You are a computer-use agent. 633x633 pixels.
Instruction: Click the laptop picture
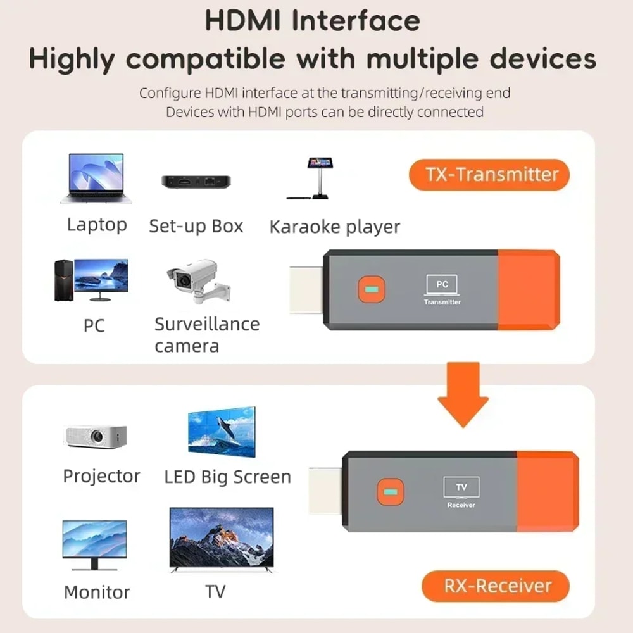pos(96,179)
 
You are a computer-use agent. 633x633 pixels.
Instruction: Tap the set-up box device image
pos(196,181)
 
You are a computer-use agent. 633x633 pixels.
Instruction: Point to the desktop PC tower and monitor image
pos(91,280)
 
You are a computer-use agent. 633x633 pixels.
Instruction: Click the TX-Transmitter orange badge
pos(489,175)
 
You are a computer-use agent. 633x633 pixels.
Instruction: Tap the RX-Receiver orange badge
pos(496,586)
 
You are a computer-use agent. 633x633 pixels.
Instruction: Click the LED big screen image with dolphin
pos(222,432)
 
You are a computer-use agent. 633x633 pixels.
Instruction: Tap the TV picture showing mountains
pos(222,538)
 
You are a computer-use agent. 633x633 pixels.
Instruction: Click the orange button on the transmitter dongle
pos(371,290)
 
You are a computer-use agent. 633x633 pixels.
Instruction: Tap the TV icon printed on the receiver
pos(461,488)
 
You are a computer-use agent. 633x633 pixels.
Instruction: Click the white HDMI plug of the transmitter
pos(306,289)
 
